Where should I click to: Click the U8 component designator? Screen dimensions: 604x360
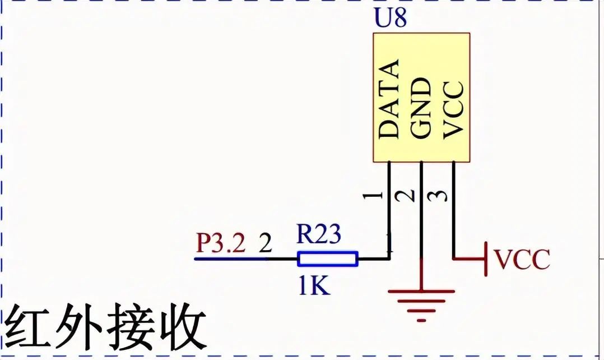tap(390, 18)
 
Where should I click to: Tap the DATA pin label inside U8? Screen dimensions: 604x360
tap(388, 99)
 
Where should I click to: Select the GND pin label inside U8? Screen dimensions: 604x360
tap(420, 108)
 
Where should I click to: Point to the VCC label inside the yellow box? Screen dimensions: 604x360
tap(453, 110)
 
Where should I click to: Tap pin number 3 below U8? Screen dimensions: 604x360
tap(438, 196)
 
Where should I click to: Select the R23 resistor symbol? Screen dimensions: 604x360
tap(328, 259)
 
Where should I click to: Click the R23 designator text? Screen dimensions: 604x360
tap(319, 234)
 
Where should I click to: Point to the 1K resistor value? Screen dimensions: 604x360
tap(314, 286)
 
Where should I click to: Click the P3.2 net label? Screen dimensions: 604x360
tap(221, 243)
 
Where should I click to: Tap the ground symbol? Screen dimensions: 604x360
tap(421, 305)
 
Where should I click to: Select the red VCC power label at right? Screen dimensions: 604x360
tap(522, 259)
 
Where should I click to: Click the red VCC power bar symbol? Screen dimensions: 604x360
tap(486, 259)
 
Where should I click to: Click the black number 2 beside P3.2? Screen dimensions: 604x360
tap(265, 243)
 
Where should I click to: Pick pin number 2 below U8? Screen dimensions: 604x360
tap(405, 196)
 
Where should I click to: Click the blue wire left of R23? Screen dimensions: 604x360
tap(230, 259)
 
